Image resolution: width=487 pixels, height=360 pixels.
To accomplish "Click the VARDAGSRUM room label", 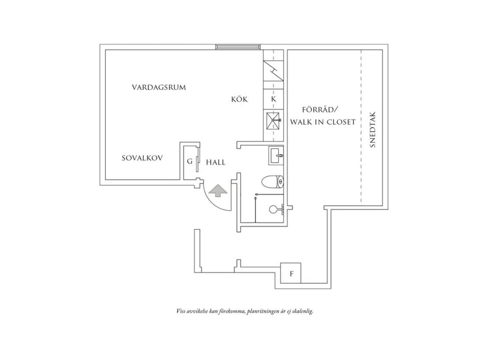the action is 159,87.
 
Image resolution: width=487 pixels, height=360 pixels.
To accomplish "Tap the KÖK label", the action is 239,99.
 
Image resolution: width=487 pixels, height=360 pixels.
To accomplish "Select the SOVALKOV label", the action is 142,158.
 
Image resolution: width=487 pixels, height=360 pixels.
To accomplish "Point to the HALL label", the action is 216,162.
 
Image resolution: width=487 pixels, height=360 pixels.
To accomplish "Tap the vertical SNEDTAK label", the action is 373,130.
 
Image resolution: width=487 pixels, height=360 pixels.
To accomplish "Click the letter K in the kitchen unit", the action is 274,100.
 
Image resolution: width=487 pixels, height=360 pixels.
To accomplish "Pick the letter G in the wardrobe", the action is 190,161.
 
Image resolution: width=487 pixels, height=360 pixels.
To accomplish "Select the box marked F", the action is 291,273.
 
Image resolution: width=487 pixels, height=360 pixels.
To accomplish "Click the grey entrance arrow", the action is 218,190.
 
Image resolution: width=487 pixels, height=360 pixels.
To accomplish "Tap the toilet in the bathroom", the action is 273,182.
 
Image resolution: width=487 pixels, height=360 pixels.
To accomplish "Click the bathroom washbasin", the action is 276,155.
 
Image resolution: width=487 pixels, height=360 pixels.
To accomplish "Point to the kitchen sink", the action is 273,120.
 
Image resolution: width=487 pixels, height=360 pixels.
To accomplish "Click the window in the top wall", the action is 238,47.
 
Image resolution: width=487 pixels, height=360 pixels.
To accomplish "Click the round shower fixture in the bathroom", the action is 273,209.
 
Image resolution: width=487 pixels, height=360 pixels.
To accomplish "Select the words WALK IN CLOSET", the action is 323,122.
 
